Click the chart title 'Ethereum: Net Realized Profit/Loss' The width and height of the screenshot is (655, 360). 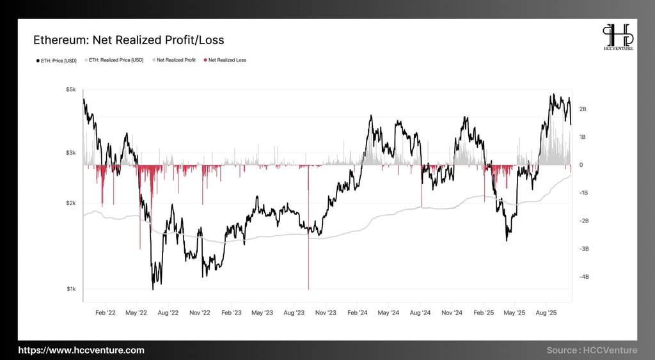click(x=129, y=40)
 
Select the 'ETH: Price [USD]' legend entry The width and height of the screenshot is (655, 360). click(x=56, y=60)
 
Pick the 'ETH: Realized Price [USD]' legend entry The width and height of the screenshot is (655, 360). click(x=116, y=60)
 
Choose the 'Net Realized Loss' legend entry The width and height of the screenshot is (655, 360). click(x=225, y=60)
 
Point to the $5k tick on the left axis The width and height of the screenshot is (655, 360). click(x=70, y=90)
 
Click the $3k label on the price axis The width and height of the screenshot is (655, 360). click(x=70, y=153)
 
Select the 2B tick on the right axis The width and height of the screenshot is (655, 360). click(x=582, y=109)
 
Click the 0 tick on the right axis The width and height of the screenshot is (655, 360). click(x=581, y=165)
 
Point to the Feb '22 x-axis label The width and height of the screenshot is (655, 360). click(x=106, y=313)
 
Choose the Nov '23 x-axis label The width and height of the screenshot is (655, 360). click(x=326, y=313)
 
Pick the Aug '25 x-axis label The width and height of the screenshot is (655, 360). click(x=546, y=313)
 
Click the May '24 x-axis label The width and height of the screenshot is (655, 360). click(x=388, y=313)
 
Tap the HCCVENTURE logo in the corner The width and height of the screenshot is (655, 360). click(x=617, y=38)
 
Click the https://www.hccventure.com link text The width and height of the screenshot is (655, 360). click(x=81, y=350)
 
